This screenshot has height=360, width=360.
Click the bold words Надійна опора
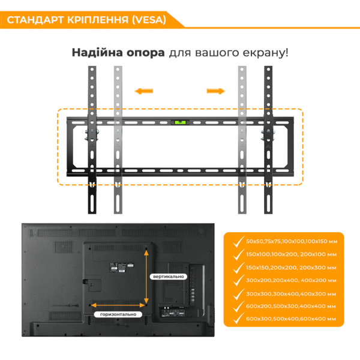point(118,52)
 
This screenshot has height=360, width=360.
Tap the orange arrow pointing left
point(143,91)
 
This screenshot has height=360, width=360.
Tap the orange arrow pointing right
point(215,91)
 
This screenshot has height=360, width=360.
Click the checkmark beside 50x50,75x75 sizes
point(235,241)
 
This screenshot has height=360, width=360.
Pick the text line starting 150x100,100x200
point(290,254)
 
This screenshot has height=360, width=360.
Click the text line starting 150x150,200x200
point(290,267)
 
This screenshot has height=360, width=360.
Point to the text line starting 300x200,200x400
point(290,280)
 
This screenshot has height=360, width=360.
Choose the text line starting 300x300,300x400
point(290,293)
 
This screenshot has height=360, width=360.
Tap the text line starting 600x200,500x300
point(290,307)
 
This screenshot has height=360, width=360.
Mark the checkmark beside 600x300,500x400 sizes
point(235,320)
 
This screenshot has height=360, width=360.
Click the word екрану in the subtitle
point(265,52)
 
